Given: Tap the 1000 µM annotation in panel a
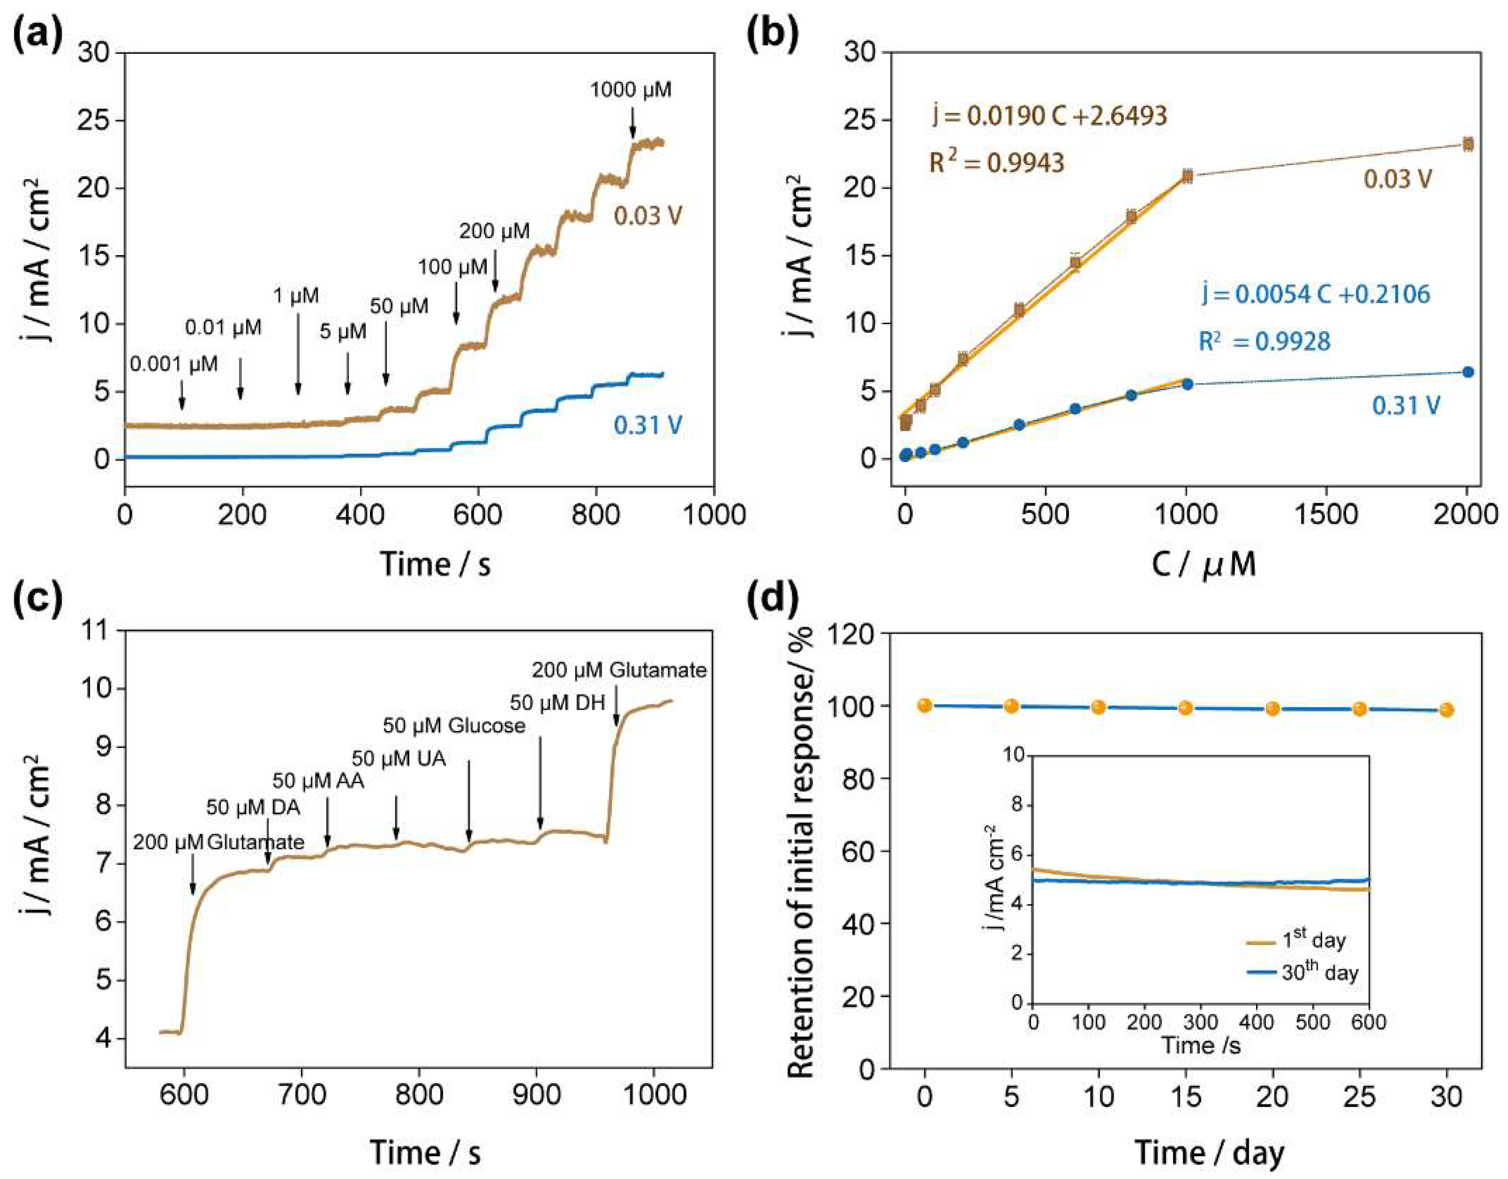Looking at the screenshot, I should point(631,90).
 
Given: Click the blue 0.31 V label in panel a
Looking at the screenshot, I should point(648,425).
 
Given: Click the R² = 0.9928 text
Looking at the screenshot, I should point(1264,341).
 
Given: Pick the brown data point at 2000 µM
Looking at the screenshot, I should point(1468,144).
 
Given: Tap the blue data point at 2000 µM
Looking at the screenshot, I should point(1468,372).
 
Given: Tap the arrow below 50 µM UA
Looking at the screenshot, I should point(396,818).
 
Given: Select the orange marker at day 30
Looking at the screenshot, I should point(1446,710).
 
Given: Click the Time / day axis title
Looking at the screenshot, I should point(1209,1153).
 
